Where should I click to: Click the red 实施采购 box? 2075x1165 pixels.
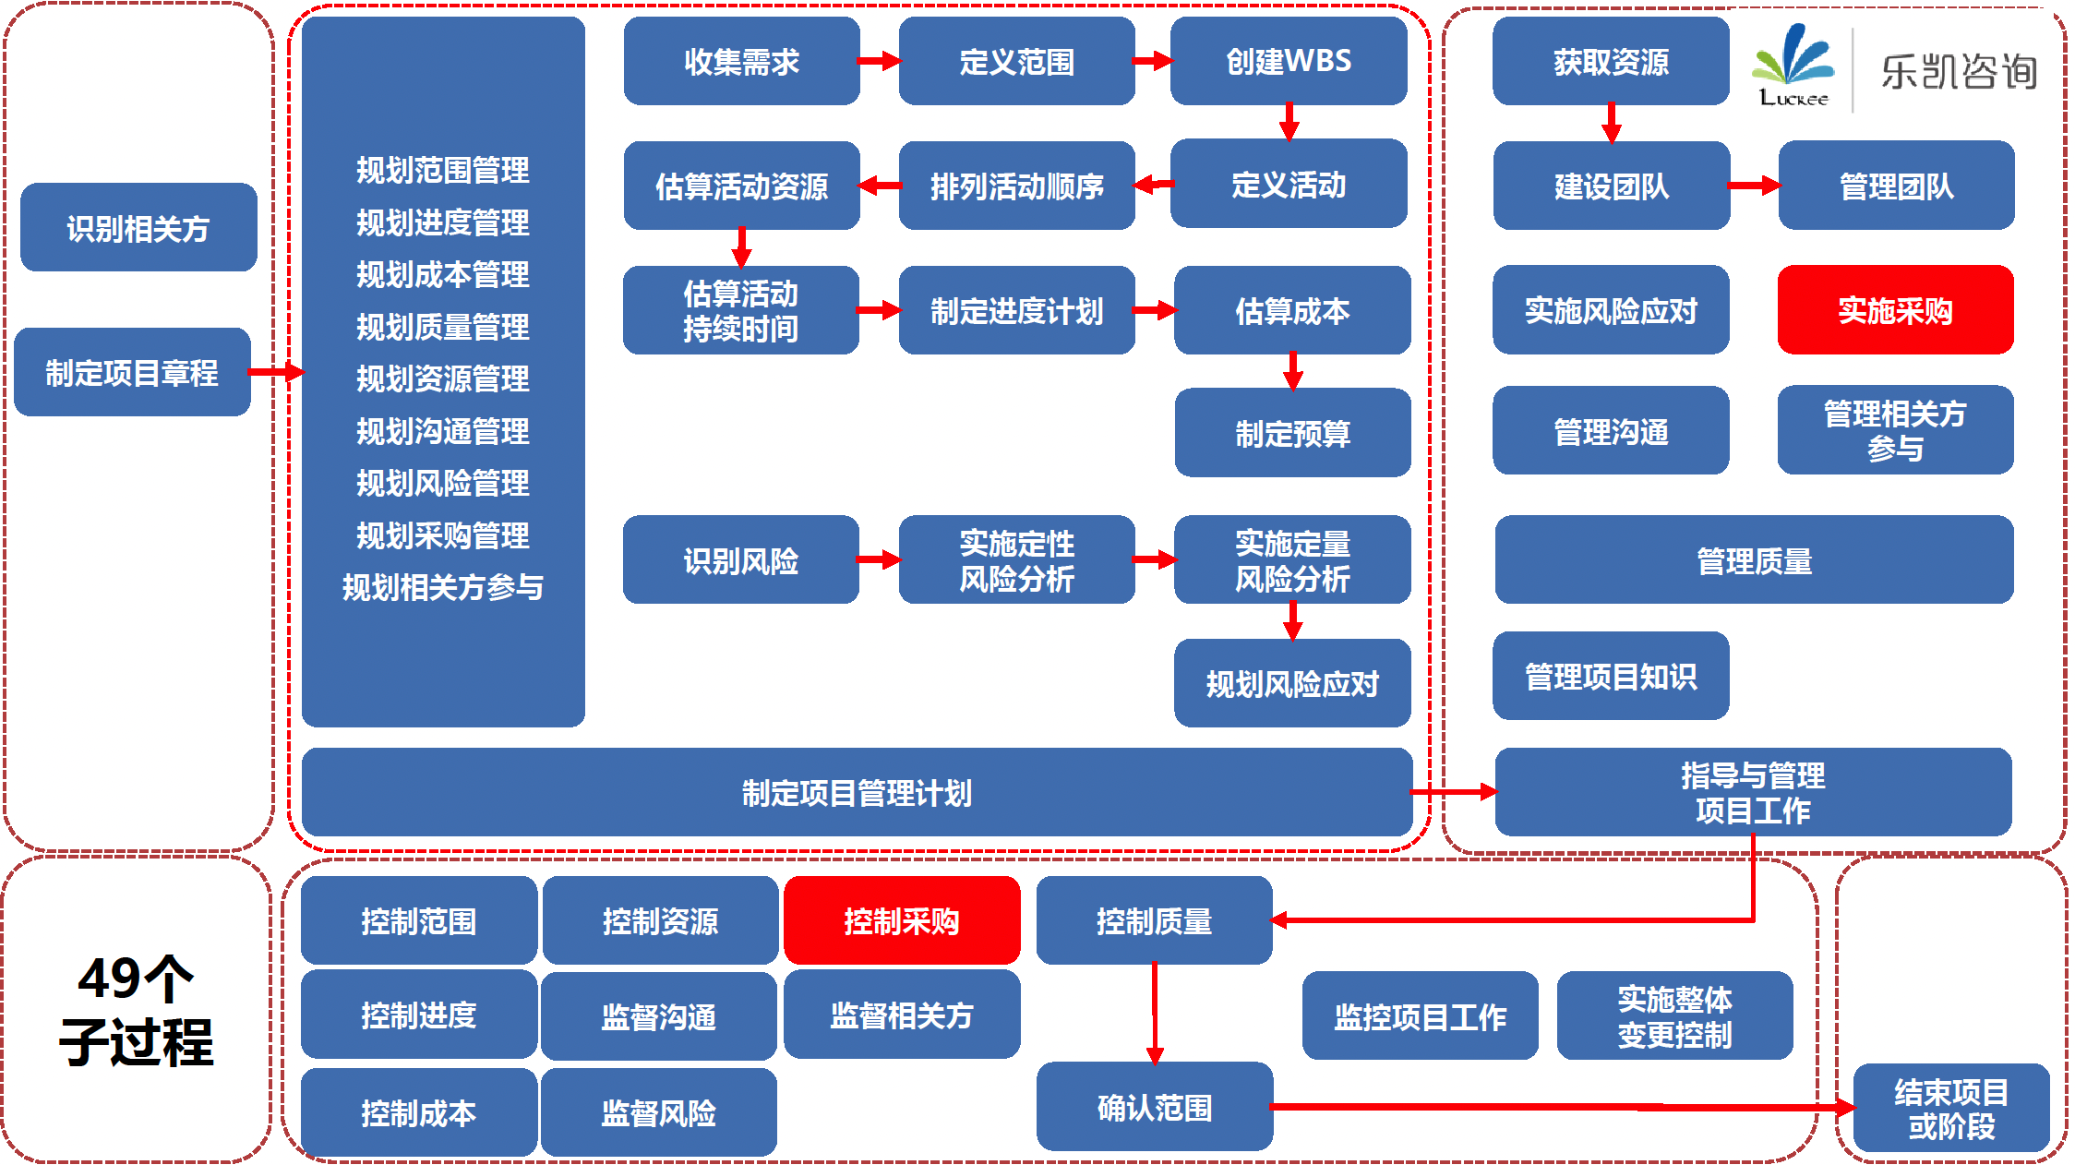[1895, 310]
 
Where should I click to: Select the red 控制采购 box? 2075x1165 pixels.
[902, 920]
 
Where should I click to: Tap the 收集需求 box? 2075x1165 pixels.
[741, 61]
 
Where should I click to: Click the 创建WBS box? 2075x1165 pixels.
[1289, 61]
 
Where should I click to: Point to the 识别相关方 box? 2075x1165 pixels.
[138, 227]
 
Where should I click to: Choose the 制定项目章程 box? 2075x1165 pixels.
[132, 372]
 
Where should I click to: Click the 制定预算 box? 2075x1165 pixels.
[1292, 432]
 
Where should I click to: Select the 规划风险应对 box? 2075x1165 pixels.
[1292, 683]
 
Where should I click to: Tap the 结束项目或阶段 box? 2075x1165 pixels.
[1951, 1108]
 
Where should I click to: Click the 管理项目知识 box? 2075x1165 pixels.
[1611, 676]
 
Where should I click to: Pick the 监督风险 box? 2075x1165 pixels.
[658, 1112]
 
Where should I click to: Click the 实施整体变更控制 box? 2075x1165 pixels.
[1674, 1015]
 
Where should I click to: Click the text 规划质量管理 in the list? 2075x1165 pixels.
[443, 327]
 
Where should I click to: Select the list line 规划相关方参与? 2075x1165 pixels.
[443, 587]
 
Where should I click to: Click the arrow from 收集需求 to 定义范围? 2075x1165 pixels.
[879, 61]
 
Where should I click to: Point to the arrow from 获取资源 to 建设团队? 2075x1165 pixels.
[1611, 122]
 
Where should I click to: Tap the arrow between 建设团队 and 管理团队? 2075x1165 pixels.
[1754, 186]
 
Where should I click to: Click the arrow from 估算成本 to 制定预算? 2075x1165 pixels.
[1292, 370]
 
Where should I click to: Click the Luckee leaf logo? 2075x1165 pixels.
[1793, 65]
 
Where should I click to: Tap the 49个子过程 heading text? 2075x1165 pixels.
[137, 1010]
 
